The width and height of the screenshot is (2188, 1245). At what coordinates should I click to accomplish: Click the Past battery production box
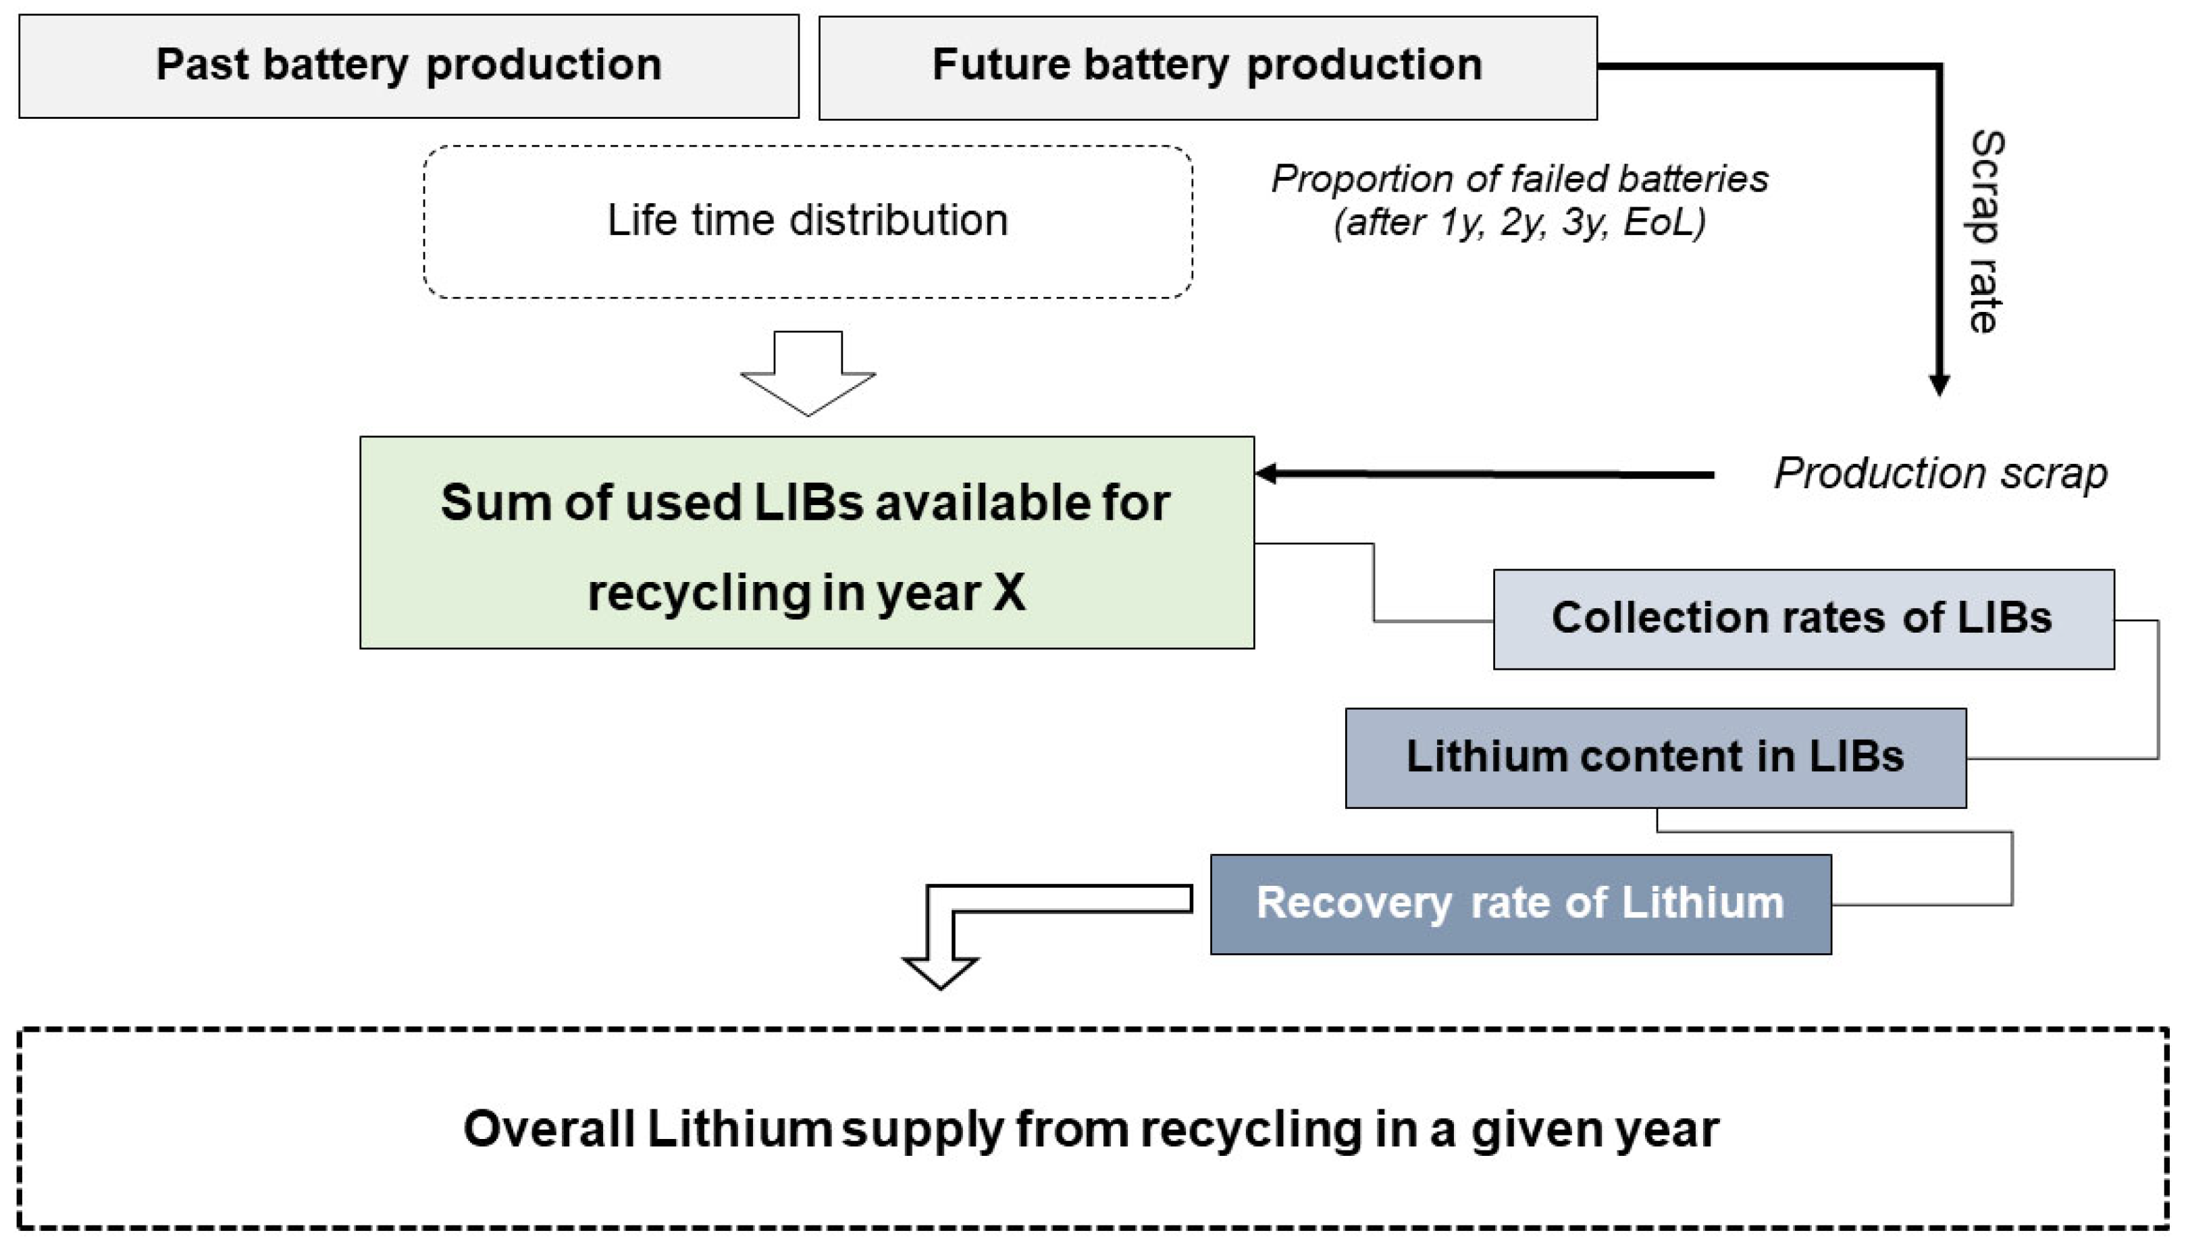click(409, 66)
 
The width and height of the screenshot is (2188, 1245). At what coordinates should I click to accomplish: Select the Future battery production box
click(1207, 67)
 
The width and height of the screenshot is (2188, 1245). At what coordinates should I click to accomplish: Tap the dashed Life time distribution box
click(807, 221)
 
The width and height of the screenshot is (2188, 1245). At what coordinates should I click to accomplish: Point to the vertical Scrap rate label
click(1985, 231)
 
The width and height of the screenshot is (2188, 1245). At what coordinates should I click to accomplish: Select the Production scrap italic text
click(1940, 473)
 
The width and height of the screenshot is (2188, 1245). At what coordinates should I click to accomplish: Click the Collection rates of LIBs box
click(1802, 618)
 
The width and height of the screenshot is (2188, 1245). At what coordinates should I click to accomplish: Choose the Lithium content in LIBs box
click(1655, 757)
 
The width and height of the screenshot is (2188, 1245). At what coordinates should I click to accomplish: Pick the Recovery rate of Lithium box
click(1519, 903)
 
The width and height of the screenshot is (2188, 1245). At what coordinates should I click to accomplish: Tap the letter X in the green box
click(1008, 591)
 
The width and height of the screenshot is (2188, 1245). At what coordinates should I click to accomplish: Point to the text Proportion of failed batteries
click(1519, 179)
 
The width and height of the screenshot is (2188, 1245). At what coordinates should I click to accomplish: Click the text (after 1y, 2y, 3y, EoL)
click(1519, 222)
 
